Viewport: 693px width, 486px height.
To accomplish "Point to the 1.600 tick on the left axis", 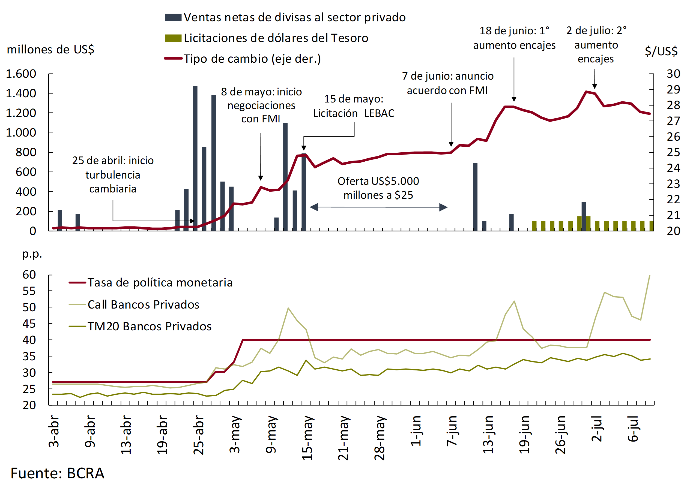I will point(21,74).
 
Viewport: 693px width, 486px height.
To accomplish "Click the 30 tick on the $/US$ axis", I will point(673,74).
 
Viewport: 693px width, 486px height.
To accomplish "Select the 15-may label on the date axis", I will point(307,438).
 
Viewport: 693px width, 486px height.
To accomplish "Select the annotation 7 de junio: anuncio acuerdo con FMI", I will point(448,83).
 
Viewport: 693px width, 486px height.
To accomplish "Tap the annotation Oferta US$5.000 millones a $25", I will point(378,188).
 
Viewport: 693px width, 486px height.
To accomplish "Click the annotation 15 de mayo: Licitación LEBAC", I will point(354,106).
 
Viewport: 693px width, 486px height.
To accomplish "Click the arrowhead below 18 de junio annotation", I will point(514,99).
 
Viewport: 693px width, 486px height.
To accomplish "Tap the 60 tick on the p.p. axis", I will point(29,275).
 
